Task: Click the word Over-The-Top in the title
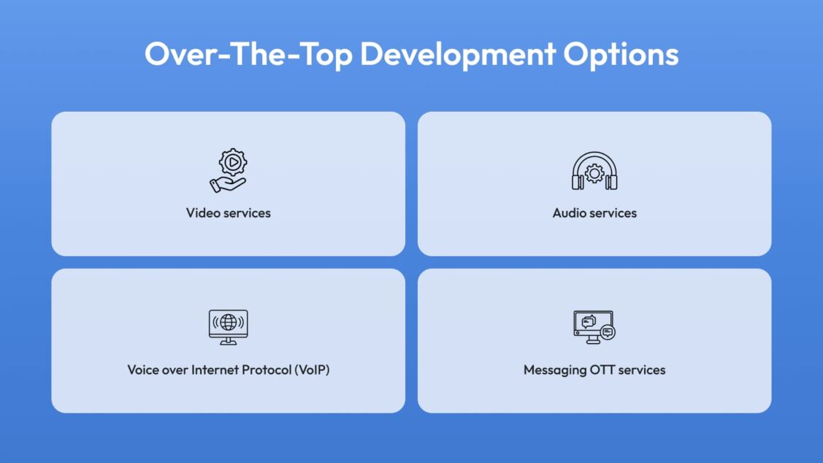(x=248, y=54)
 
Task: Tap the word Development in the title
(x=458, y=53)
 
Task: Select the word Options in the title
(x=621, y=55)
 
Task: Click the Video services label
(x=229, y=213)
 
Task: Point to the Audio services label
(x=594, y=213)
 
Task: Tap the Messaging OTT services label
(x=594, y=370)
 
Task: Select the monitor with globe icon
(x=229, y=327)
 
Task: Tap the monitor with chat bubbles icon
(x=594, y=327)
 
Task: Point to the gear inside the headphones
(x=594, y=173)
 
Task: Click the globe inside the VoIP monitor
(x=229, y=322)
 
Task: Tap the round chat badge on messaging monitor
(x=608, y=332)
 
